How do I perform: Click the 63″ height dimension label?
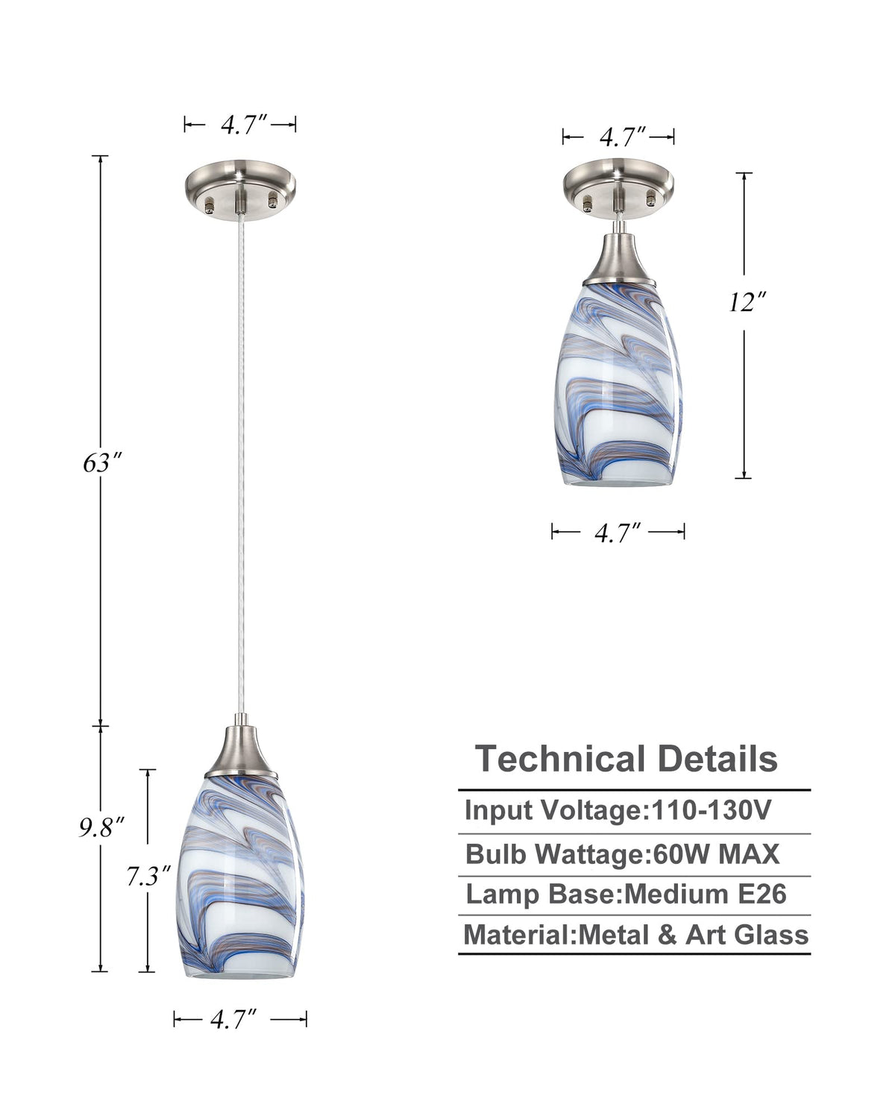[102, 463]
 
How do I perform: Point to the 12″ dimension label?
[747, 302]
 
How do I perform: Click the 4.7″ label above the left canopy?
[244, 125]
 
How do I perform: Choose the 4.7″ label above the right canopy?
[622, 137]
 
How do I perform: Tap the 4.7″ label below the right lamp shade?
[618, 533]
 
